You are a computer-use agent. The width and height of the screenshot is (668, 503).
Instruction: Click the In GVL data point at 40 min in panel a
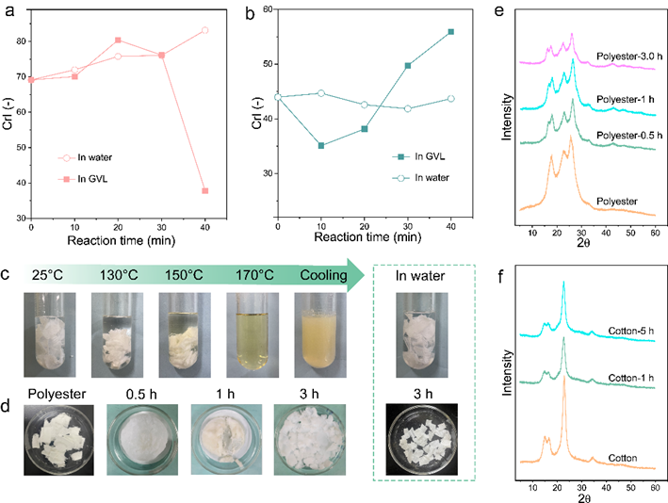point(204,191)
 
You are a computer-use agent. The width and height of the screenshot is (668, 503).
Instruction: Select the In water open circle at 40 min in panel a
point(204,30)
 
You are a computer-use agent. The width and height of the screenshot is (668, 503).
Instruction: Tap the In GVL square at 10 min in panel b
point(321,146)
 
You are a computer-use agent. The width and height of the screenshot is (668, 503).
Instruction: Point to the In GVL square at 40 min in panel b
point(451,32)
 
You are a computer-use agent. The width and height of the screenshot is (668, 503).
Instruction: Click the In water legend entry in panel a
point(85,157)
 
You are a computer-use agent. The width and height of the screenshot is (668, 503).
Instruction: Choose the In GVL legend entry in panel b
point(418,156)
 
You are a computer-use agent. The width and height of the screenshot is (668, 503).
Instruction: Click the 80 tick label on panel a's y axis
point(22,41)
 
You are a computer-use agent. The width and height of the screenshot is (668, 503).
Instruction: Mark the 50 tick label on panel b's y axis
point(268,64)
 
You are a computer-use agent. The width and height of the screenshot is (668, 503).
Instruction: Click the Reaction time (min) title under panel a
point(122,240)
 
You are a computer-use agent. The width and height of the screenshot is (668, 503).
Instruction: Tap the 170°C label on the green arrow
point(254,275)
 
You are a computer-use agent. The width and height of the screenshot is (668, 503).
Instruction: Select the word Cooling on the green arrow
point(324,275)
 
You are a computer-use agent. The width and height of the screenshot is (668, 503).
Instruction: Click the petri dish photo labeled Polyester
point(58,440)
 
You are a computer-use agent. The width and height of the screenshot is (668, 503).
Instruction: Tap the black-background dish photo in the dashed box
point(422,439)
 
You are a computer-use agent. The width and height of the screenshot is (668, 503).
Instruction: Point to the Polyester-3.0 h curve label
point(629,57)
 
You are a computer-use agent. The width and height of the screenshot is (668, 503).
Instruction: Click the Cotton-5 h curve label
point(631,331)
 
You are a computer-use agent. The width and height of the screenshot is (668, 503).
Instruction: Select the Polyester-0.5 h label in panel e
point(629,136)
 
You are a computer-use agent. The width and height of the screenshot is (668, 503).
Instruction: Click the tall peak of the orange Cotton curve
point(564,377)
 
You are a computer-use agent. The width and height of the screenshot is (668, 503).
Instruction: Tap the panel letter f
point(500,277)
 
